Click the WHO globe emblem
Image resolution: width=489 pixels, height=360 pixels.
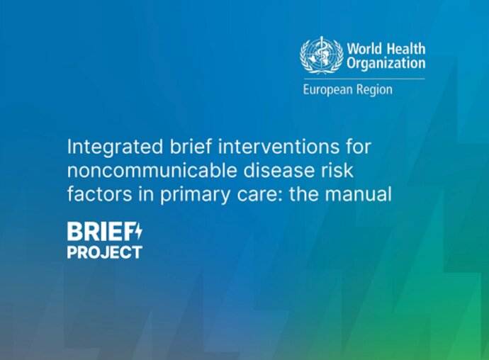pos(317,55)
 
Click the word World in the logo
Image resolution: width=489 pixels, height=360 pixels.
pos(364,49)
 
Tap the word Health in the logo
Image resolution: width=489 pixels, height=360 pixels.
pos(406,49)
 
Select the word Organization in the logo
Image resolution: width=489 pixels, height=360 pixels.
pos(386,64)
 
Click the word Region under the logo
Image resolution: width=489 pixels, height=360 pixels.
pos(374,90)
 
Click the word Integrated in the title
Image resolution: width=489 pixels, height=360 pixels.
pos(115,147)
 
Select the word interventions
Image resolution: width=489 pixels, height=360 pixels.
pos(279,146)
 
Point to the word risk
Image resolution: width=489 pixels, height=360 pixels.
pos(338,170)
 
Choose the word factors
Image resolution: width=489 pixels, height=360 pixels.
pos(100,194)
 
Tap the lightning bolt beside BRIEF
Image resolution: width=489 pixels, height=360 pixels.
pos(138,231)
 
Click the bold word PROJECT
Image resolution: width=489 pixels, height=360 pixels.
pos(104,252)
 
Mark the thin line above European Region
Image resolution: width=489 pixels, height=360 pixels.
pos(364,79)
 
